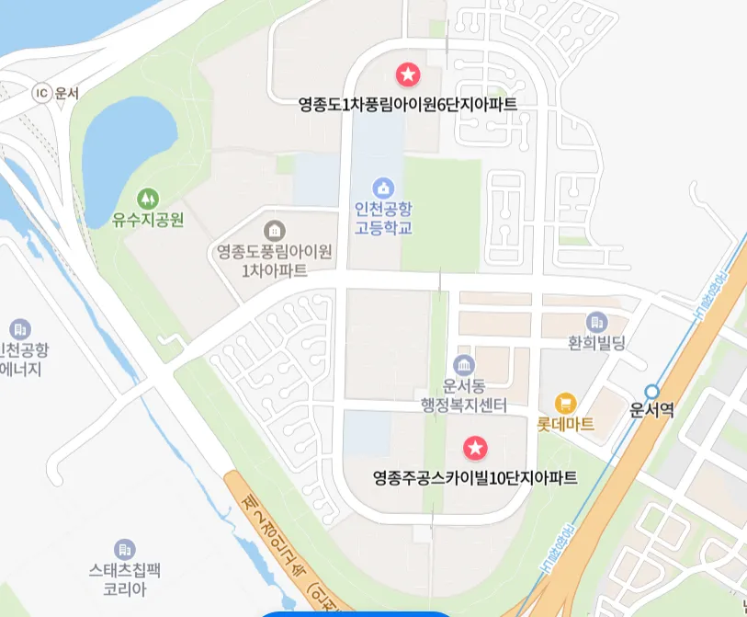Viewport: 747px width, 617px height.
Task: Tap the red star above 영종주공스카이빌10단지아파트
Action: coord(475,448)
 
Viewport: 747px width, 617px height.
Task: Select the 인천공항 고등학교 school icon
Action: coord(383,188)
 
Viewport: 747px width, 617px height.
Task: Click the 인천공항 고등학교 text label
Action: coord(383,218)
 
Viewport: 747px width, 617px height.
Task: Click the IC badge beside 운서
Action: coord(40,92)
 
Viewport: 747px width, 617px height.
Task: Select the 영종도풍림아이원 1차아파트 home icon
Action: coord(274,229)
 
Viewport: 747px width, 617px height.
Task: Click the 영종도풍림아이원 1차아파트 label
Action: coord(274,260)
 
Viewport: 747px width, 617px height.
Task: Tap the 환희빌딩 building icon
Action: coord(597,322)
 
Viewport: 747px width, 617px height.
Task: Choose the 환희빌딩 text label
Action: coord(597,344)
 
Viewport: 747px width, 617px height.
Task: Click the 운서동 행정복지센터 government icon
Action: coord(464,364)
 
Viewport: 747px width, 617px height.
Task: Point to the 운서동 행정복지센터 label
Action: coord(464,395)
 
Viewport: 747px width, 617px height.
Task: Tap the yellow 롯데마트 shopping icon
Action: coord(565,403)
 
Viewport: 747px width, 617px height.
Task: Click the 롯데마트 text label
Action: coord(565,425)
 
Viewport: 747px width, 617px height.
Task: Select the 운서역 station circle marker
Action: coord(651,391)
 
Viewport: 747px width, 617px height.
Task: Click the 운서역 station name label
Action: coord(652,411)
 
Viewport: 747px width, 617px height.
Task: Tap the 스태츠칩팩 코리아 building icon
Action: coord(126,549)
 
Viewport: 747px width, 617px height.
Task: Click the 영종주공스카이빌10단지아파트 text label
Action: coord(475,478)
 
